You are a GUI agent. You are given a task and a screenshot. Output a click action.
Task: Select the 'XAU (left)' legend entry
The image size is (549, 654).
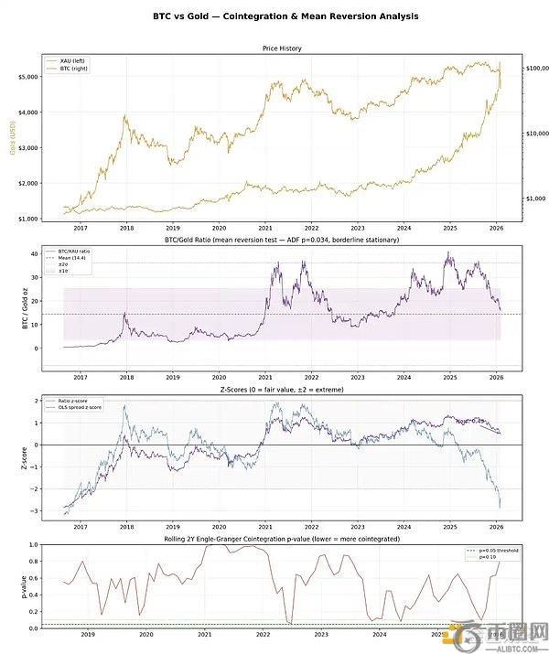pos(92,59)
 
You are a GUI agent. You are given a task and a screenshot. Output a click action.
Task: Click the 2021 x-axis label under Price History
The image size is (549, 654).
pos(264,228)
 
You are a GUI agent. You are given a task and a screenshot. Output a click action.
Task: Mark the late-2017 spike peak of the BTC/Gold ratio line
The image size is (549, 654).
pos(126,314)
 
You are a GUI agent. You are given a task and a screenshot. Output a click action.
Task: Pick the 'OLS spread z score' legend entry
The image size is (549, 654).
pos(99,408)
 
